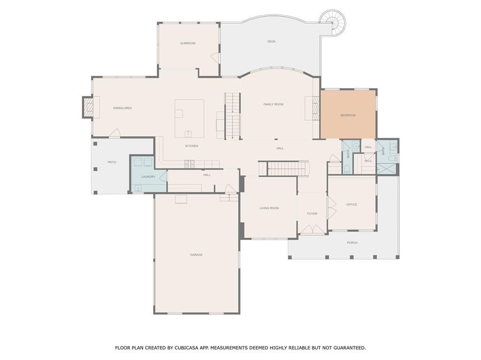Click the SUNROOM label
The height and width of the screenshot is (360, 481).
(187, 43)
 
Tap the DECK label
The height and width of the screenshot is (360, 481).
(271, 41)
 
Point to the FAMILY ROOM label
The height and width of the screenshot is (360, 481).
(273, 104)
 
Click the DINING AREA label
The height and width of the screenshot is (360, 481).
(122, 108)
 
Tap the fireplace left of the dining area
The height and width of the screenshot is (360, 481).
(88, 107)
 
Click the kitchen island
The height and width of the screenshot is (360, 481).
(189, 118)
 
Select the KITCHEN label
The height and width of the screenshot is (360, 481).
(191, 146)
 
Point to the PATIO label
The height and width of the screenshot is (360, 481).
(112, 162)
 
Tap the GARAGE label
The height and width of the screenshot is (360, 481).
(196, 255)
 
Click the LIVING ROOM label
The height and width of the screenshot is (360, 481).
(269, 208)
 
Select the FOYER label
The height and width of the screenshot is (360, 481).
(312, 214)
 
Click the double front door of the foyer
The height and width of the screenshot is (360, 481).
(313, 230)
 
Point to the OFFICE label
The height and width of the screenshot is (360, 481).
(351, 205)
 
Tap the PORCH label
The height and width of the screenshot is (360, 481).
(352, 243)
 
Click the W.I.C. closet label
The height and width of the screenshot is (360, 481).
(368, 161)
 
